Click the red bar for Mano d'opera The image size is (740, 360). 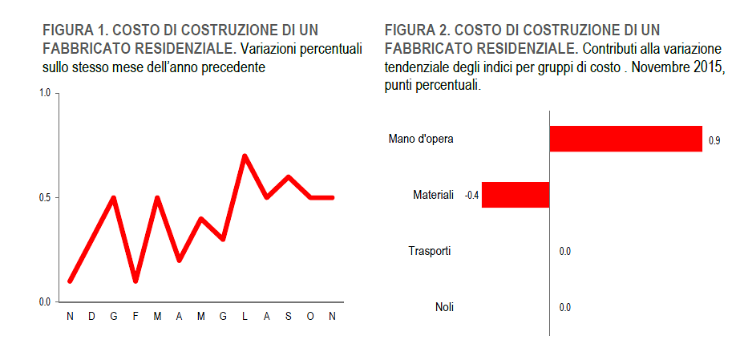click(x=625, y=139)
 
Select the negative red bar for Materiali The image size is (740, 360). click(x=516, y=195)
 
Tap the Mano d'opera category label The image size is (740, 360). click(x=421, y=139)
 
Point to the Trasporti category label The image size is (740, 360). click(x=430, y=251)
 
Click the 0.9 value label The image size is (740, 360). click(x=714, y=140)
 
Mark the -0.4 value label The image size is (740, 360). click(x=472, y=195)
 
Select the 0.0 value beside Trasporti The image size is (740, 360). click(x=564, y=252)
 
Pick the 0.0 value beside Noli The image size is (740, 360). click(x=564, y=307)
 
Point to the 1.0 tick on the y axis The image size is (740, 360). click(x=45, y=93)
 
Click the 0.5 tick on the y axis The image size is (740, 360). click(x=45, y=197)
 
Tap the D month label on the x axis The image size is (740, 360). click(x=91, y=317)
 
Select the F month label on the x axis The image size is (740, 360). click(x=135, y=317)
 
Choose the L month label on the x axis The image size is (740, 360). click(x=245, y=317)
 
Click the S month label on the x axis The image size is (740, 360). click(x=289, y=317)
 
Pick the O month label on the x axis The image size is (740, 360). click(x=310, y=317)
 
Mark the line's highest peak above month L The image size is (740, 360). click(x=245, y=156)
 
